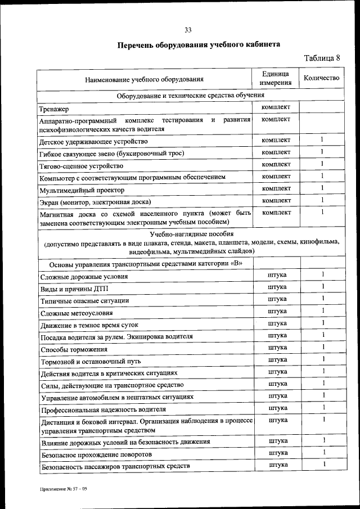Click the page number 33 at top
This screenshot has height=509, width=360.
pyautogui.click(x=188, y=30)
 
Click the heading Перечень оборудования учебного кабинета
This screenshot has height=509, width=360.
pyautogui.click(x=199, y=44)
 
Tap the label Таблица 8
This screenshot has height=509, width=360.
pyautogui.click(x=322, y=58)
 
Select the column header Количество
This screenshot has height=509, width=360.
pyautogui.click(x=321, y=78)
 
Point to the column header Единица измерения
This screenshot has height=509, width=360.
pyautogui.click(x=276, y=78)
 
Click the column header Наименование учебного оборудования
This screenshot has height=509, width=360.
pyautogui.click(x=144, y=79)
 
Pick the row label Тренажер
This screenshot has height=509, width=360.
pyautogui.click(x=54, y=109)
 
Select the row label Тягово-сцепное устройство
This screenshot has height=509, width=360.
pyautogui.click(x=81, y=166)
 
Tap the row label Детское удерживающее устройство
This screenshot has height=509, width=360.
pyautogui.click(x=93, y=141)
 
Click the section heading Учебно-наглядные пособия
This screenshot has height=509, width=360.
pyautogui.click(x=191, y=233)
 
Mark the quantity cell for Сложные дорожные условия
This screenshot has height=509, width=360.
pyautogui.click(x=323, y=274)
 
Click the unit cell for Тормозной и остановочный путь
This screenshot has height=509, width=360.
pyautogui.click(x=277, y=359)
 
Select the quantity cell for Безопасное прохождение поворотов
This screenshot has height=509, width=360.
pyautogui.click(x=323, y=452)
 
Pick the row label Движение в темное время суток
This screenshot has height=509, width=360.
pyautogui.click(x=89, y=325)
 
